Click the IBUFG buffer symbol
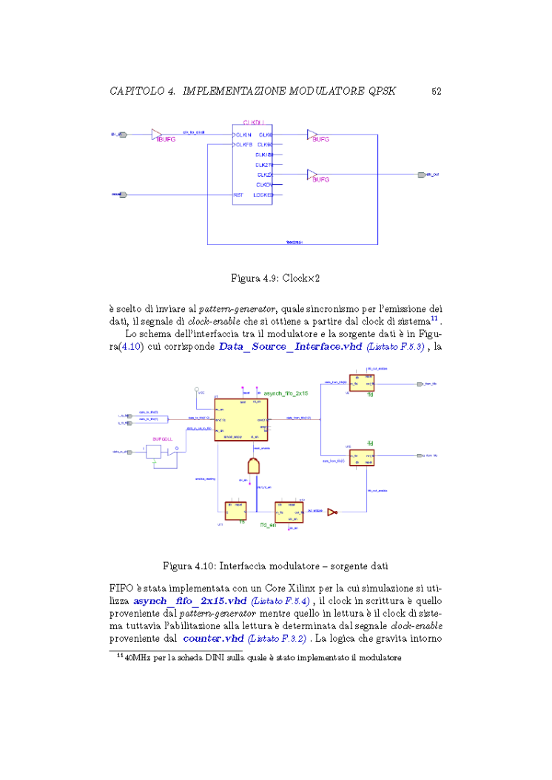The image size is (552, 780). [x=156, y=135]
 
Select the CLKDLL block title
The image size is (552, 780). [x=254, y=122]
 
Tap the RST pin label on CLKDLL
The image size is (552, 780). [x=238, y=195]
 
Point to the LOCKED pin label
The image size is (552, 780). [x=263, y=195]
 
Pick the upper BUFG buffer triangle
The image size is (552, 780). [x=312, y=135]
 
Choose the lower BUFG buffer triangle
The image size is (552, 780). [x=312, y=174]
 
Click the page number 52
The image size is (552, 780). [x=436, y=92]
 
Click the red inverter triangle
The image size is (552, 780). [x=333, y=510]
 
